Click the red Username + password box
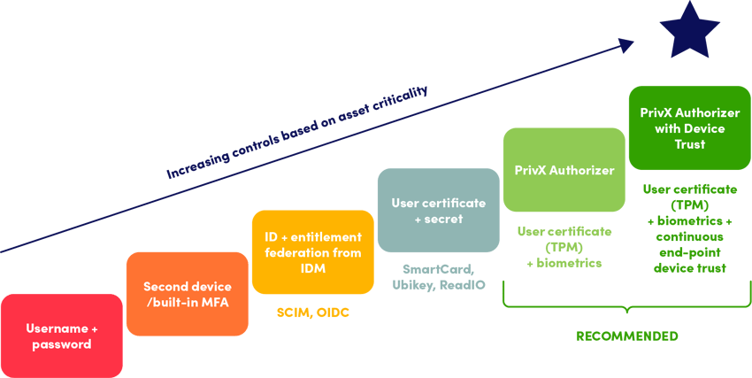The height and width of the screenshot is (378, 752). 61,336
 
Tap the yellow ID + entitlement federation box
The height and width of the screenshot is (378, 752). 312,251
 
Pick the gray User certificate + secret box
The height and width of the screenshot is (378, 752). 438,210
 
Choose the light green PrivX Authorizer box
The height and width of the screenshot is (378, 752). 564,169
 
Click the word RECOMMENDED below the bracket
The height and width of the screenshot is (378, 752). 626,336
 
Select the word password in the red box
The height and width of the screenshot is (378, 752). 61,344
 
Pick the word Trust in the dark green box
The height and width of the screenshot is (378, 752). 689,143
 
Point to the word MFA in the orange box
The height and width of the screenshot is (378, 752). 215,302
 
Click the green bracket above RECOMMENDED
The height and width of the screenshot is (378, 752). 626,306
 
